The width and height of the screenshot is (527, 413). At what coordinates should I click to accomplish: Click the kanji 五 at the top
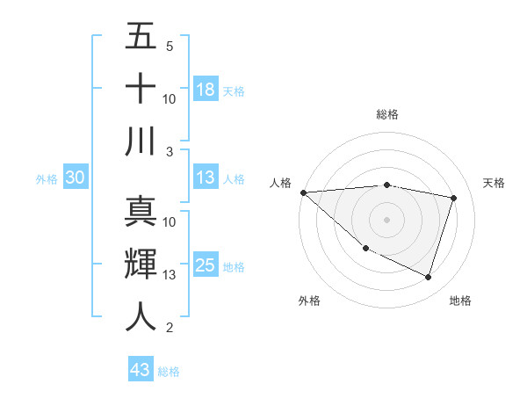141,36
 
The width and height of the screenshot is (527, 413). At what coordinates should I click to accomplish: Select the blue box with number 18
206,90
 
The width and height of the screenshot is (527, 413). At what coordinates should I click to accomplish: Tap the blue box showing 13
206,178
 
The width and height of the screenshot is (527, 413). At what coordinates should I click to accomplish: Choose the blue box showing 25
206,265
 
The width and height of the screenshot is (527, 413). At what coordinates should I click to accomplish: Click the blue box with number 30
76,178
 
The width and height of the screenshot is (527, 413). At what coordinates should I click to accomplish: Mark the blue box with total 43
141,370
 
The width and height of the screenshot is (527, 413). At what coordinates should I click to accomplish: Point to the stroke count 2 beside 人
170,328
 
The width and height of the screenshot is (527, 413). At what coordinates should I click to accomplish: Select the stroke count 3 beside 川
170,151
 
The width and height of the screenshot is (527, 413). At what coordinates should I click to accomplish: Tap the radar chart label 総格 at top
386,114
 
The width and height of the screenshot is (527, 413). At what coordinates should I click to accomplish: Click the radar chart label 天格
495,183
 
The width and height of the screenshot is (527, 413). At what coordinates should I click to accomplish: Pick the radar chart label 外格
309,301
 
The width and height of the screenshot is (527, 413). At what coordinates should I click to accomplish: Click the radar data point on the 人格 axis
303,192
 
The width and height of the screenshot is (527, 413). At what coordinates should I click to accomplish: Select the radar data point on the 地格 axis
428,277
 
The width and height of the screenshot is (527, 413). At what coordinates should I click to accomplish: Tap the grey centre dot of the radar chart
386,220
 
